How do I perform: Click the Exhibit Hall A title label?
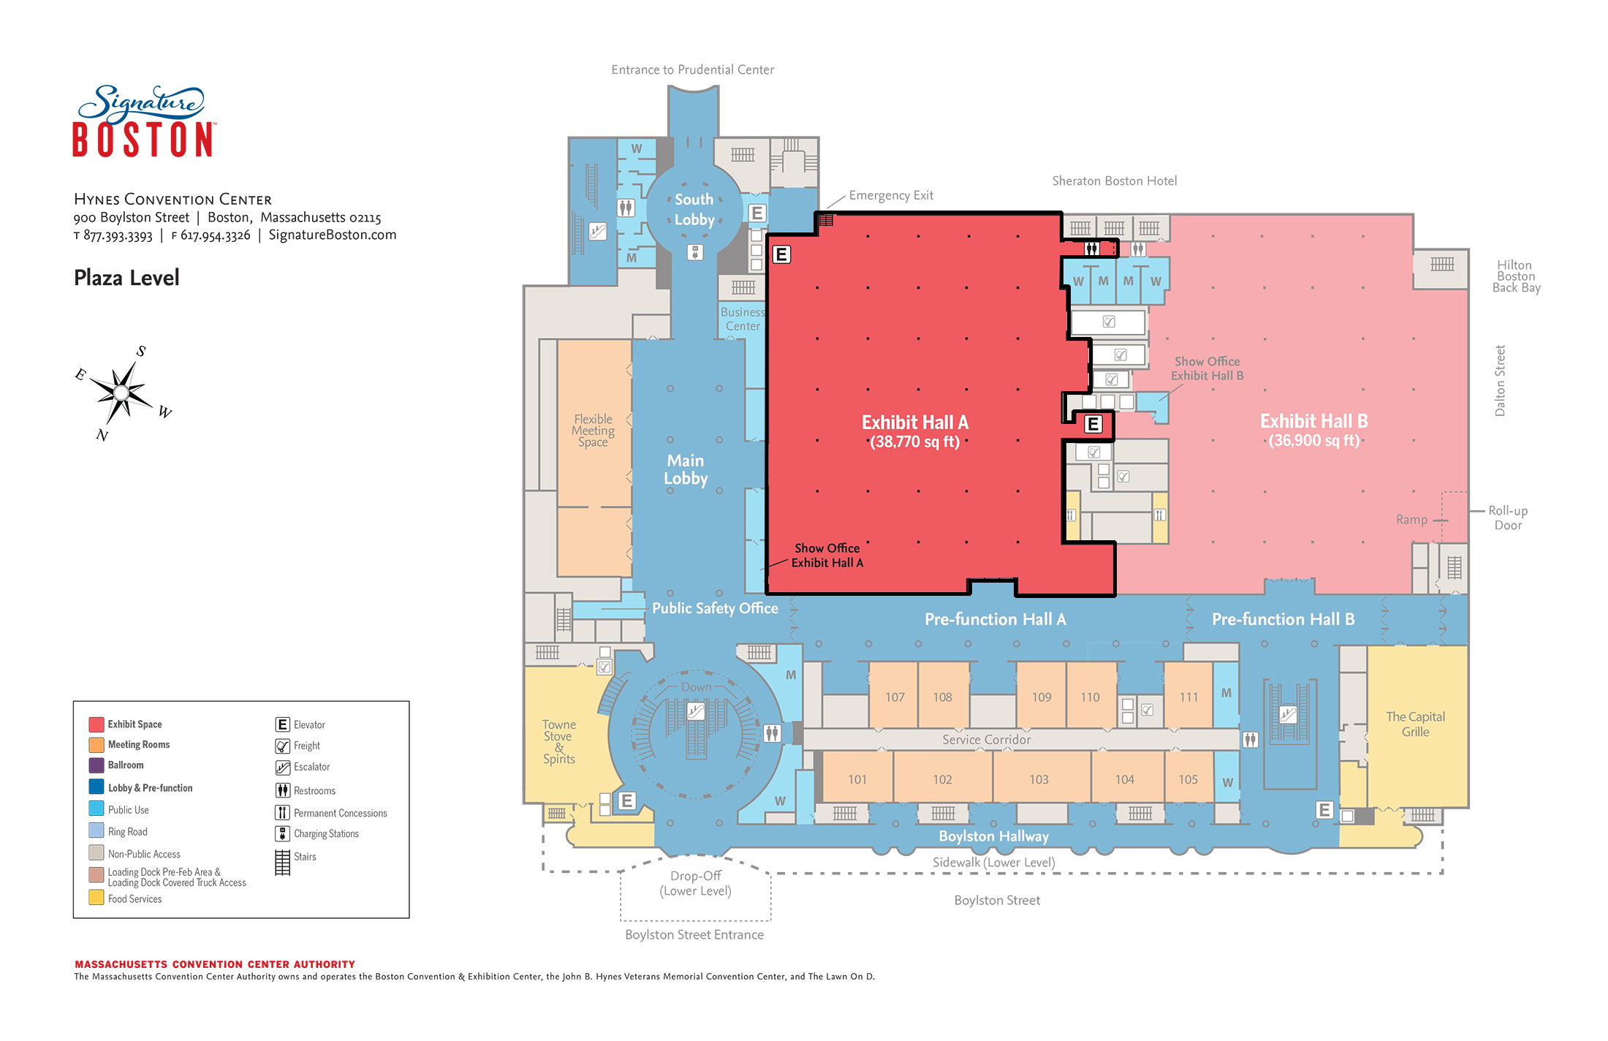point(915,423)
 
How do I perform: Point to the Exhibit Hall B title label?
point(1313,421)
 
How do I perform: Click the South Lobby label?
point(694,209)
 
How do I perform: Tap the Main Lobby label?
point(686,469)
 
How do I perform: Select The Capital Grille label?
point(1416,724)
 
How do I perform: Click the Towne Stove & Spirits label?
point(559,741)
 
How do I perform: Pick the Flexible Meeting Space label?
point(593,430)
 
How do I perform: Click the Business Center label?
point(743,319)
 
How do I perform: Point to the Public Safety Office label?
point(715,608)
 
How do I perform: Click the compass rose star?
point(122,393)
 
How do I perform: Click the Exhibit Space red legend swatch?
point(96,724)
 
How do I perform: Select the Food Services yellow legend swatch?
point(96,897)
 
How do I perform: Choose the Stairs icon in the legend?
point(283,862)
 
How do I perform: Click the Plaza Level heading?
point(126,278)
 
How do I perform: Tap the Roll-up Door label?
point(1508,518)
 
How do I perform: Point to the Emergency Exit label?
point(891,195)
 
